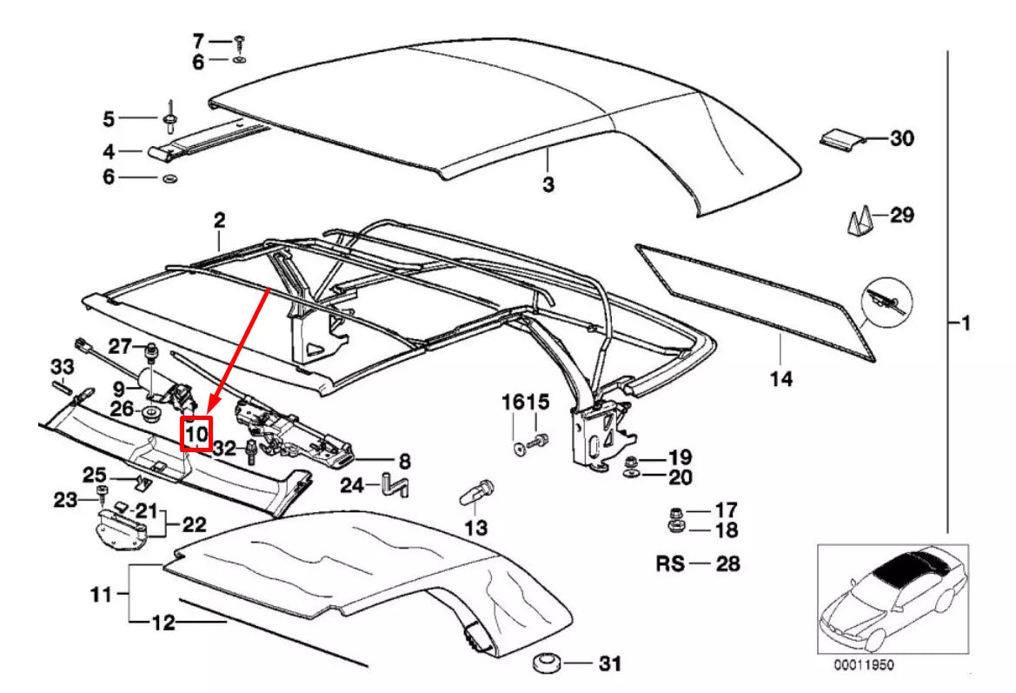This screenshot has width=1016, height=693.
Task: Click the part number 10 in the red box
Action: tap(196, 432)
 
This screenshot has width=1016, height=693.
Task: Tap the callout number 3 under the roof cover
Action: tap(548, 184)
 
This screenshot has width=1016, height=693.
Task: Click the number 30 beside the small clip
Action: tap(902, 138)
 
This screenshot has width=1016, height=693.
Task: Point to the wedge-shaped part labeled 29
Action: tap(859, 223)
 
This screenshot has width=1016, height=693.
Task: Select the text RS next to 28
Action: tap(670, 563)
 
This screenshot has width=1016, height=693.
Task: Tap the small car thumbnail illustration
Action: tap(893, 600)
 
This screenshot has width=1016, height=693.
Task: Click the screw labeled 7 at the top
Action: tap(241, 40)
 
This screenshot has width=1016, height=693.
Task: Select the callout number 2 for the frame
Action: tap(219, 219)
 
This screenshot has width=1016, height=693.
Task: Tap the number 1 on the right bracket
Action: tap(963, 323)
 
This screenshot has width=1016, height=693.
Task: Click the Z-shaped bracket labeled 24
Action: tap(396, 483)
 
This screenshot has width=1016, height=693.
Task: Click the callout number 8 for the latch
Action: tap(404, 462)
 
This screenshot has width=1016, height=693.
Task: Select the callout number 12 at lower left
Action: tap(163, 623)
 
